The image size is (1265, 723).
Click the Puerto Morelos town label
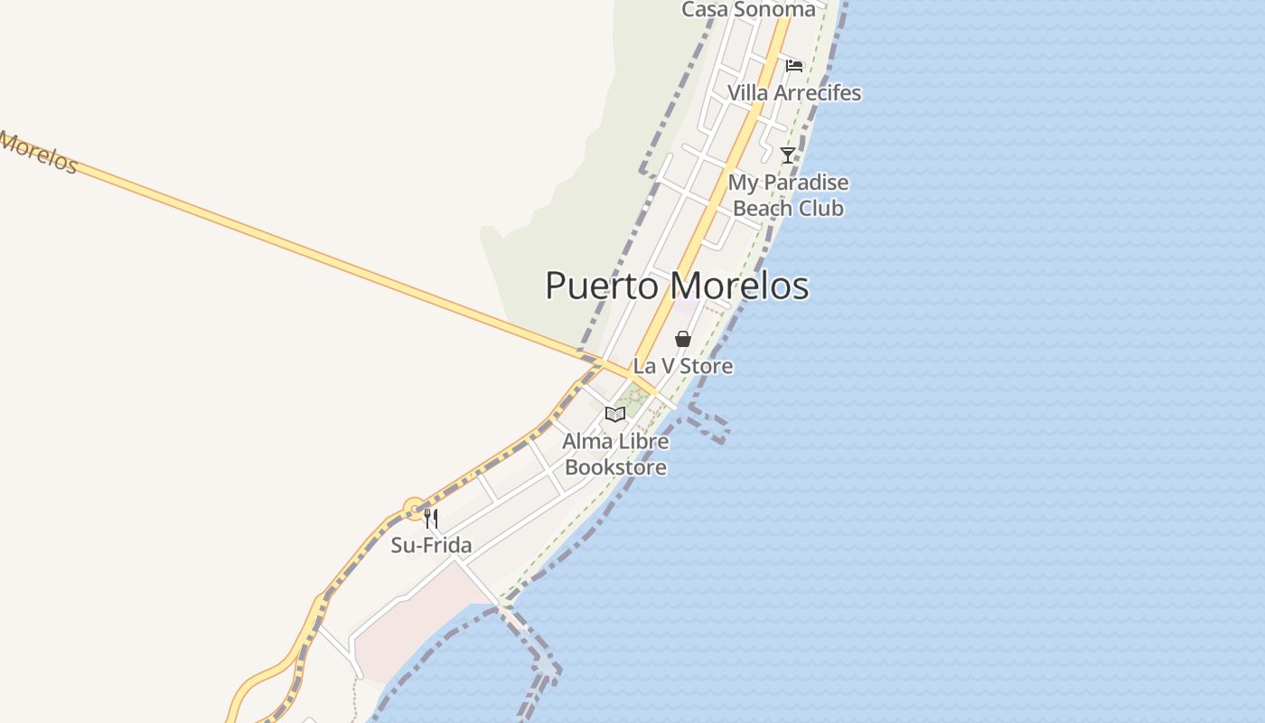point(677,286)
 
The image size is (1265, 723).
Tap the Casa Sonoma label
point(748,10)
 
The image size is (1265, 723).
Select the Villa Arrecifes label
point(794,93)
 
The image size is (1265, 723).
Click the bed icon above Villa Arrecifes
point(794,65)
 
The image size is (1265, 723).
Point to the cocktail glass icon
point(788,155)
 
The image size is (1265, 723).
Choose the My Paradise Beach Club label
point(788,195)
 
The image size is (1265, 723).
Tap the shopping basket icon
point(683,339)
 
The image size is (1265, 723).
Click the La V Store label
point(682,366)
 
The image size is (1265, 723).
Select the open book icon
point(615,414)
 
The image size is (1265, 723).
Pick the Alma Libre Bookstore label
point(615,455)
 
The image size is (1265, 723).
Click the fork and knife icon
point(431,519)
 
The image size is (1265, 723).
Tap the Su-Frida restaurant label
point(431,545)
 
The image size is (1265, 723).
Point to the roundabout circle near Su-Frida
point(414,509)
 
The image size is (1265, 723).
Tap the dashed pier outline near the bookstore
point(708,426)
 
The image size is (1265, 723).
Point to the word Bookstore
point(615,467)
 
